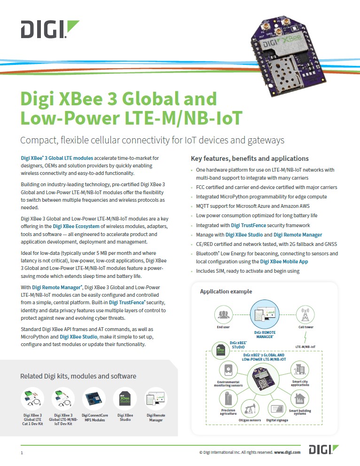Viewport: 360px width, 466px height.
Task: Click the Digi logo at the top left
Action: click(50, 29)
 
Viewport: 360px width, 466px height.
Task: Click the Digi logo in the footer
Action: click(324, 450)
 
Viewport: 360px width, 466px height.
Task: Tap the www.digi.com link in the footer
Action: click(287, 452)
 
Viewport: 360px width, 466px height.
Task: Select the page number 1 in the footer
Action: click(22, 453)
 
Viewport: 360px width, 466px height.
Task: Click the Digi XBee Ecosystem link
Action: click(76, 227)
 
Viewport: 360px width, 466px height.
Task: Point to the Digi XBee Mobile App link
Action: click(284, 261)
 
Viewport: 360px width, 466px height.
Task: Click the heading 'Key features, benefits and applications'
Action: click(250, 158)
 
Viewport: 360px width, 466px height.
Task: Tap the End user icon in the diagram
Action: click(223, 315)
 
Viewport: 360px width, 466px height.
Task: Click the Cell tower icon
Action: click(305, 315)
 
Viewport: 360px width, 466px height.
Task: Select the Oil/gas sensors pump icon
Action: click(250, 409)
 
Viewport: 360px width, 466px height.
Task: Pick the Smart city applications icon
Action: click(300, 370)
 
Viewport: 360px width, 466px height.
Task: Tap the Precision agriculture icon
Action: click(228, 399)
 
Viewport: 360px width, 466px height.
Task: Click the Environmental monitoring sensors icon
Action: click(228, 370)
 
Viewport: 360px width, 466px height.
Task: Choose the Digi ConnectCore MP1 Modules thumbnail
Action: click(94, 399)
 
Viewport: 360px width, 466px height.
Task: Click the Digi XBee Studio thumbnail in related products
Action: click(125, 399)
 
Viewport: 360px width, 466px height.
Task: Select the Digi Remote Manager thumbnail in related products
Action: click(156, 399)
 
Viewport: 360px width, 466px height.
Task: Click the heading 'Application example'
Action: click(226, 292)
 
